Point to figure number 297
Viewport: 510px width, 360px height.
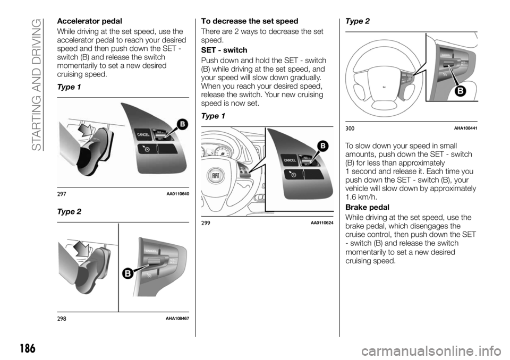[62, 193]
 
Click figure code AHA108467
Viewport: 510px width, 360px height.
[178, 318]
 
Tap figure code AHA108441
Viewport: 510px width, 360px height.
[465, 128]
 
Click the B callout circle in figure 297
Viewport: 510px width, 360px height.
[182, 125]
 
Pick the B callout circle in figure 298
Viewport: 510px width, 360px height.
[129, 274]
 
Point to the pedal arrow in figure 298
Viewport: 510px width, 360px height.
[82, 247]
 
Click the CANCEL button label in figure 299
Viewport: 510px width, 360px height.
[290, 160]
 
